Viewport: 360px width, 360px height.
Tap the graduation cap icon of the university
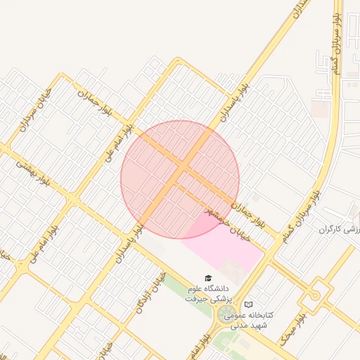click(207, 279)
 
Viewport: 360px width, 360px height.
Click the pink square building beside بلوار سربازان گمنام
click(319, 108)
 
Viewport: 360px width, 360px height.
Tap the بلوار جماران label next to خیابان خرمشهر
click(250, 211)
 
